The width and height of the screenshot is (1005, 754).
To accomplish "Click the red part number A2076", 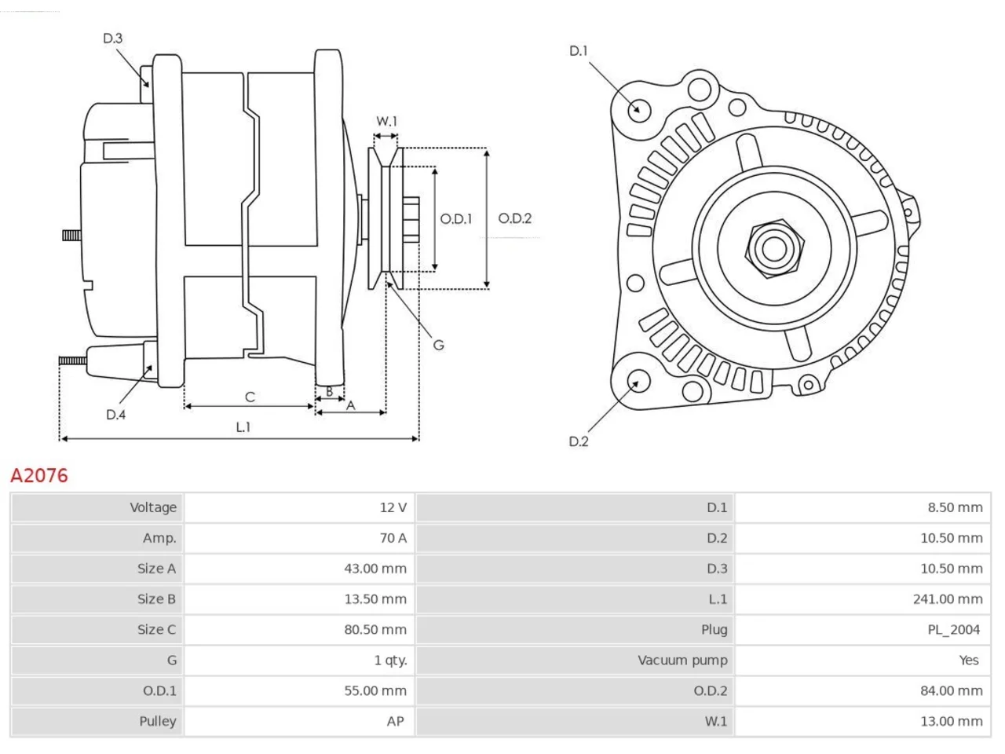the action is tap(39, 476).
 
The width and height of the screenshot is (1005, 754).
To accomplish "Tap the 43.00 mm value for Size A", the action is tap(375, 569).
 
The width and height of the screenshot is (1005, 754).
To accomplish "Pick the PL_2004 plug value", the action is tap(954, 630).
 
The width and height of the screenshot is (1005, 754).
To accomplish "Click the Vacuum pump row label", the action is tap(682, 661).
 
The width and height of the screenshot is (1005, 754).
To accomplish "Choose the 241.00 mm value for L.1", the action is tap(948, 599).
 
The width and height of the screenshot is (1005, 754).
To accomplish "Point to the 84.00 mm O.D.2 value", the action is tap(952, 691).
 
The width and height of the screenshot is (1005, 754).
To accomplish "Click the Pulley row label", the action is tap(158, 722).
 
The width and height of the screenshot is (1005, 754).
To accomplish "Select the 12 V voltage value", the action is tap(393, 507).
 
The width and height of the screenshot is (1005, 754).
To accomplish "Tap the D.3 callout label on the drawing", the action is tap(112, 38).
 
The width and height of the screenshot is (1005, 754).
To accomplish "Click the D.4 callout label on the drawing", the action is tap(115, 415).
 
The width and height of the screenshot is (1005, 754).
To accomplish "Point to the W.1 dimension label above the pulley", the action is tap(386, 121).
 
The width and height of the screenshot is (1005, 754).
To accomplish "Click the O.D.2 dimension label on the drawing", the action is tap(514, 218).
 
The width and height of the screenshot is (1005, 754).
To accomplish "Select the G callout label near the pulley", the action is tap(438, 345).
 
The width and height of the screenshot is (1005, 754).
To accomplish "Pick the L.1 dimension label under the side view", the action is tap(243, 427).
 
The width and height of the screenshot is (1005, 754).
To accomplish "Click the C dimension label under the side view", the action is tap(250, 397).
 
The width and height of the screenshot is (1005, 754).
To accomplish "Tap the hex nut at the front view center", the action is tap(774, 249).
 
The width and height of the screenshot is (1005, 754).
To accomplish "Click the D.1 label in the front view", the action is tap(579, 51).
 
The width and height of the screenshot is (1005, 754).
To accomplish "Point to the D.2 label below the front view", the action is tap(579, 441).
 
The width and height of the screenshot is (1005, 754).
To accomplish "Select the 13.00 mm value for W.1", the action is tap(952, 722).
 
